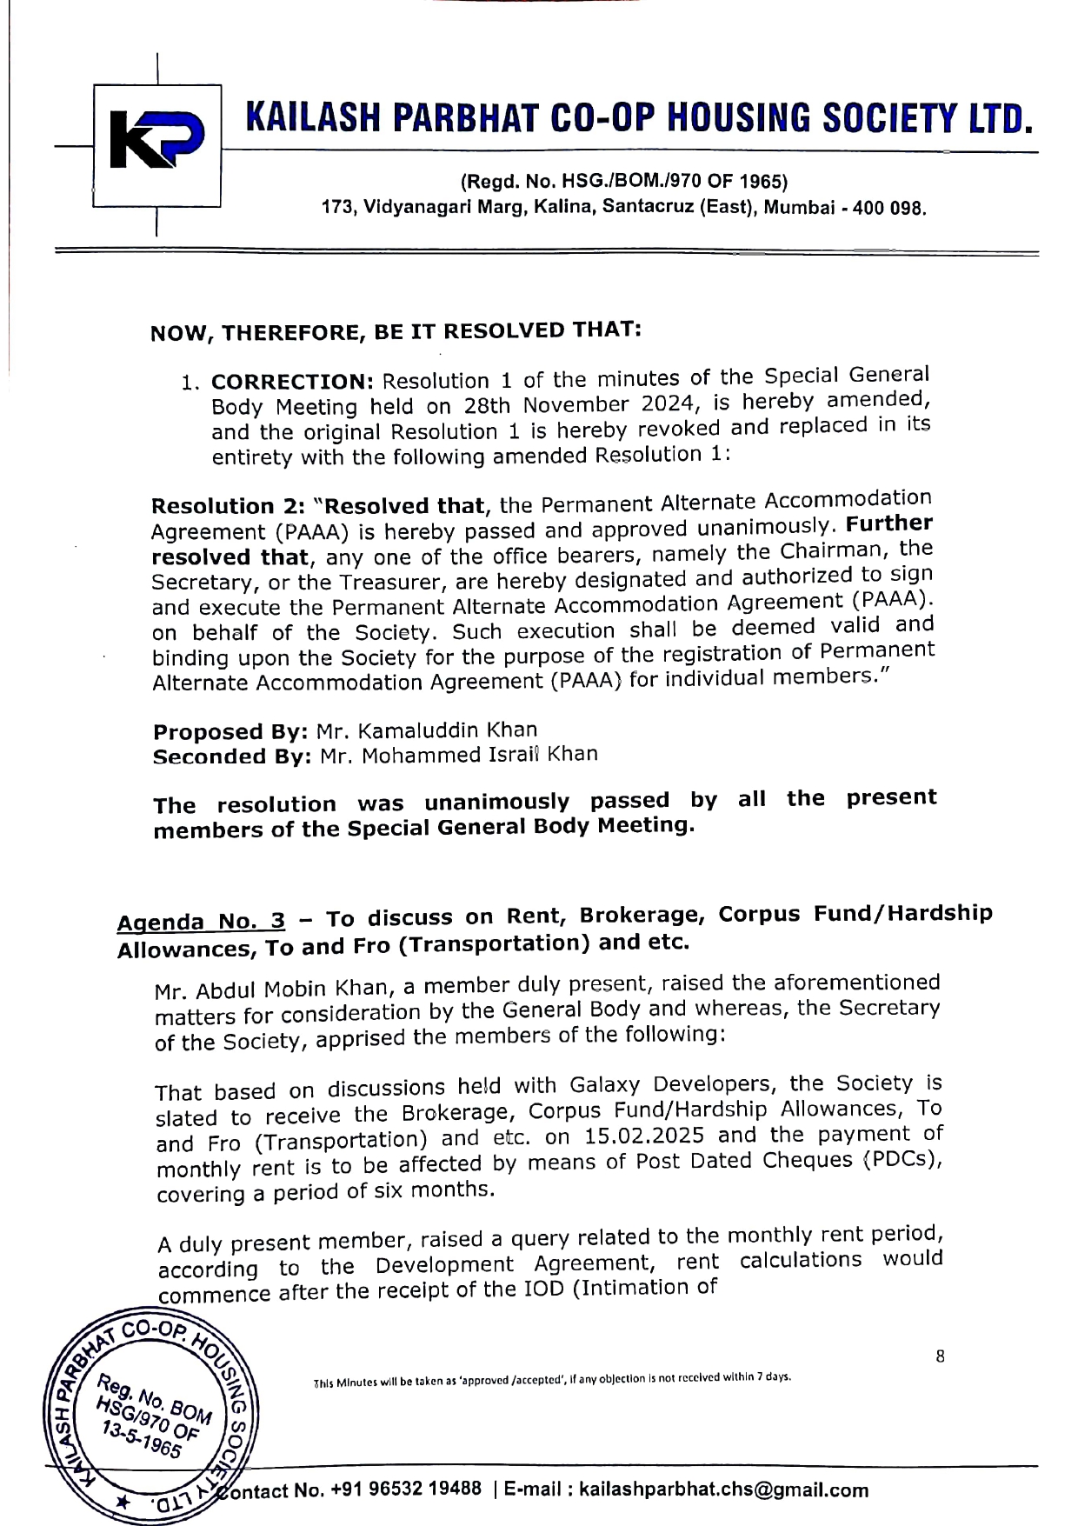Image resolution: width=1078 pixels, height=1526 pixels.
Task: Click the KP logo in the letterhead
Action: point(156,144)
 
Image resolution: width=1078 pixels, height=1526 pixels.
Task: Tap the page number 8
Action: point(940,1356)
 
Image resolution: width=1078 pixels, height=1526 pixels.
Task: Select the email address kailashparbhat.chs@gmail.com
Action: point(723,1489)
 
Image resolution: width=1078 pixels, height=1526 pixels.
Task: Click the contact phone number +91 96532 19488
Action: point(407,1489)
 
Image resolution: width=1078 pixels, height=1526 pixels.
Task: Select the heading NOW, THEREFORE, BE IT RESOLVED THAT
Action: point(396,332)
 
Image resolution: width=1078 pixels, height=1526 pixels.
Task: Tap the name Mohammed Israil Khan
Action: point(479,755)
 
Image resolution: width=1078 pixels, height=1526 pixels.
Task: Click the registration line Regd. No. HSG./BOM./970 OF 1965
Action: point(623,182)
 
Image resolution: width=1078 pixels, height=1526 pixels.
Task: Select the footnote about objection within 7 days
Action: point(552,1378)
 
